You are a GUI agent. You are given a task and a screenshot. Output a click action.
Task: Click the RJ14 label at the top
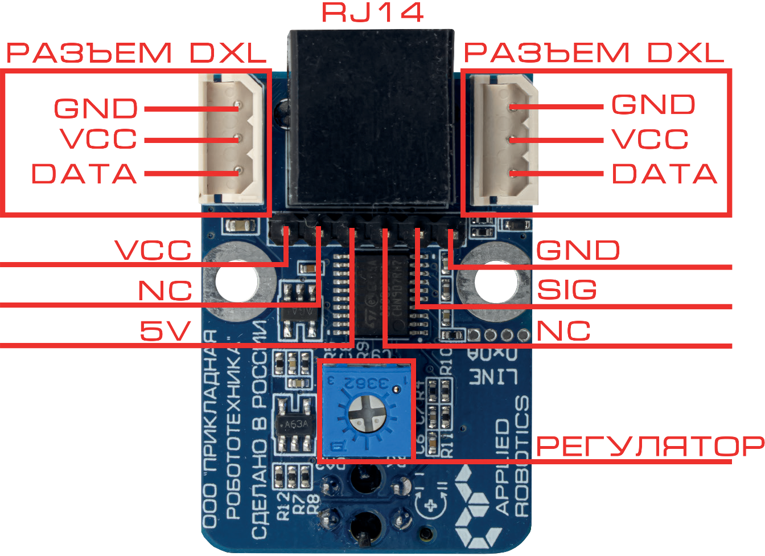click(x=373, y=13)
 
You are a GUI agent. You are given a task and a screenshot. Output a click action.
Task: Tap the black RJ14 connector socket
click(x=372, y=117)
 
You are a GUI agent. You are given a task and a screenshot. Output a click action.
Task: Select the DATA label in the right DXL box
click(x=664, y=174)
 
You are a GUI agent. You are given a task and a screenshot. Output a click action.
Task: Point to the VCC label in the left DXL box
click(x=98, y=139)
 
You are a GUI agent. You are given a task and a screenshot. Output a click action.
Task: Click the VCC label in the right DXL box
click(x=650, y=139)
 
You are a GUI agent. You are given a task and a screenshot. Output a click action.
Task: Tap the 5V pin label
click(x=165, y=330)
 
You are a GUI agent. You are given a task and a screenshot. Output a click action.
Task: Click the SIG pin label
click(x=567, y=290)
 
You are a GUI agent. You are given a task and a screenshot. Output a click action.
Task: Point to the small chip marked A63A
click(x=295, y=424)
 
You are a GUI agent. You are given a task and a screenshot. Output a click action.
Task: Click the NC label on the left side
click(x=165, y=291)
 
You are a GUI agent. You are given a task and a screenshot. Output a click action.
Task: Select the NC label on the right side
click(x=564, y=330)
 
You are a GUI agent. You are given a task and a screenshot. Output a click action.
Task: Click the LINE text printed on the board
click(x=493, y=377)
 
